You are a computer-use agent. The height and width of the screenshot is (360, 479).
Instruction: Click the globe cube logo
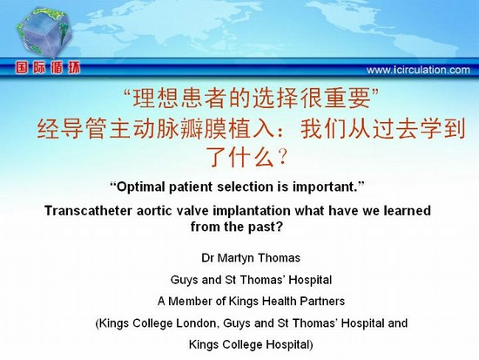tap(44, 33)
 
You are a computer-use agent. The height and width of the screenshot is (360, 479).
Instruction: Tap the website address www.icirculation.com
tap(418, 70)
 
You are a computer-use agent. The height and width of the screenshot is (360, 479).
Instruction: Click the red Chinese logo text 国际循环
tap(48, 68)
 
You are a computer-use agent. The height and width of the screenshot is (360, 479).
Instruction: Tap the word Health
tap(280, 302)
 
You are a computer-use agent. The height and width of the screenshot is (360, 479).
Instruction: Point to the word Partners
tap(322, 302)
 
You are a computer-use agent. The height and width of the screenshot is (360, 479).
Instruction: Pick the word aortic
tap(154, 211)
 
